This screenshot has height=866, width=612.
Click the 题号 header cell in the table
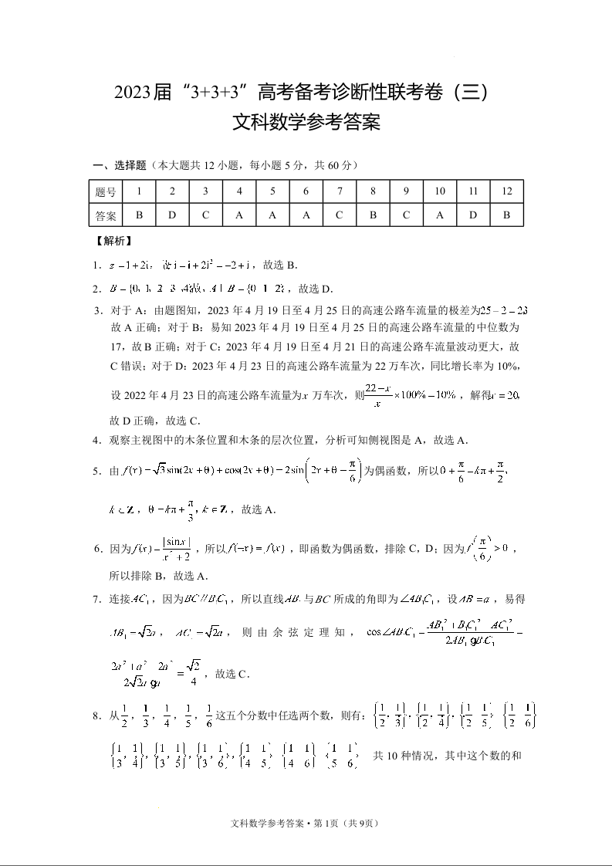pyautogui.click(x=106, y=191)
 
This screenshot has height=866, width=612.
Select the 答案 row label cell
pyautogui.click(x=106, y=215)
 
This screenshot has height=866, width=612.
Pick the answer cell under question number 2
pyautogui.click(x=172, y=215)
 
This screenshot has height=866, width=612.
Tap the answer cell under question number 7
pyautogui.click(x=340, y=215)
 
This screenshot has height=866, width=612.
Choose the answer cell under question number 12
pyautogui.click(x=506, y=215)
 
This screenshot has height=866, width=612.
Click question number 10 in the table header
pyautogui.click(x=440, y=191)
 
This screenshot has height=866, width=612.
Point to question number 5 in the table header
pyautogui.click(x=272, y=191)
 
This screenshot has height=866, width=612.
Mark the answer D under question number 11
pyautogui.click(x=473, y=215)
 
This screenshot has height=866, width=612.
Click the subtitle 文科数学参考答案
pyautogui.click(x=306, y=123)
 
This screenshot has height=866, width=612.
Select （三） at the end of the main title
pyautogui.click(x=466, y=94)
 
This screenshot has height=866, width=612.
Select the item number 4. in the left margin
pyautogui.click(x=98, y=441)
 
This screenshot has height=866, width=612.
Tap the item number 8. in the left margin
pyautogui.click(x=98, y=715)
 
